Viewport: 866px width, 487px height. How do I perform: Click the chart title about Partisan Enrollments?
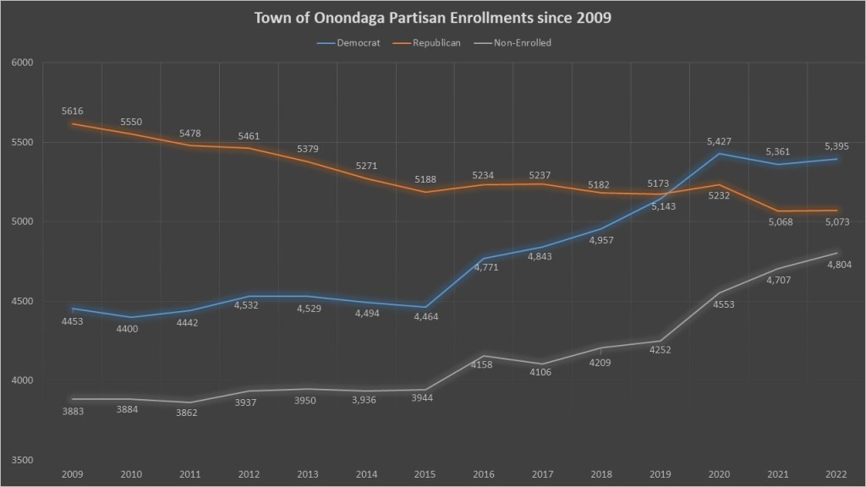pyautogui.click(x=432, y=18)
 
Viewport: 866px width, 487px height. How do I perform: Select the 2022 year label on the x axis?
pyautogui.click(x=837, y=475)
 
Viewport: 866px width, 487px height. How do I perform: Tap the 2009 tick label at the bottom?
pyautogui.click(x=73, y=475)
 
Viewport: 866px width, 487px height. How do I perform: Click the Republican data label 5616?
pyautogui.click(x=73, y=111)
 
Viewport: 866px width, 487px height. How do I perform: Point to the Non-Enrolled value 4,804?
pyautogui.click(x=838, y=265)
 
